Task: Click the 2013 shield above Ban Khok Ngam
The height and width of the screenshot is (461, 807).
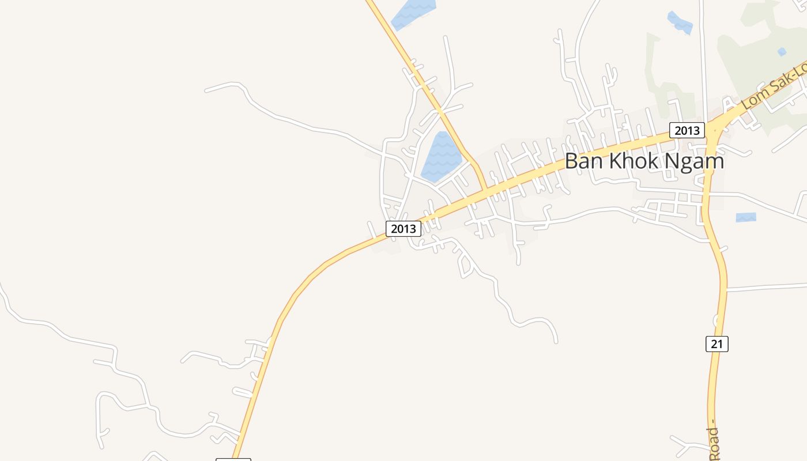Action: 687,130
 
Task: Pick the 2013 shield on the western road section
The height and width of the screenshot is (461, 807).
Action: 403,229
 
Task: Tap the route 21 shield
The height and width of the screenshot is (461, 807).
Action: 717,344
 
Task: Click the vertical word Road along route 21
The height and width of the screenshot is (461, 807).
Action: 714,444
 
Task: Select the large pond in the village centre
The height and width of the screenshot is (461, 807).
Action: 441,157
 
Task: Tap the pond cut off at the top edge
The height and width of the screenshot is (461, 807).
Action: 412,13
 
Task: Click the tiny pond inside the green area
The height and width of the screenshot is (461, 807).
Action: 782,52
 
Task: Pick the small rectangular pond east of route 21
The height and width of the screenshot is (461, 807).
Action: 745,217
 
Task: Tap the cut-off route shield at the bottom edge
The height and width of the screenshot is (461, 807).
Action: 233,459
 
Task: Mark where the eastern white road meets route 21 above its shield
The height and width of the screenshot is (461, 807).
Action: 726,290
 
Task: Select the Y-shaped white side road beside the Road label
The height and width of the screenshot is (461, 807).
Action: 689,444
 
